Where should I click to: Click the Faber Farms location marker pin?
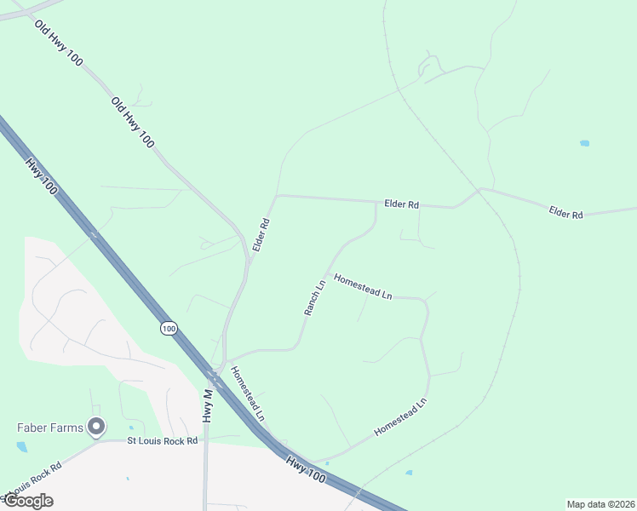(96, 426)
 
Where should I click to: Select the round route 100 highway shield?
(169, 328)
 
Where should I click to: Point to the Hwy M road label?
(206, 405)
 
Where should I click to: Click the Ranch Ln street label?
(315, 297)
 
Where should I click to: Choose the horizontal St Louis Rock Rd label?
(162, 440)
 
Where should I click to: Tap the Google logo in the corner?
(28, 500)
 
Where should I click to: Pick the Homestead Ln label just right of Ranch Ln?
(363, 285)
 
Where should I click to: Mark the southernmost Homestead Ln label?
(399, 417)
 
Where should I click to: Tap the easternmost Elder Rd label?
(565, 213)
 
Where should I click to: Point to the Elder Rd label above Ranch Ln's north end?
(402, 204)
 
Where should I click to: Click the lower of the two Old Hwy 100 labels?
(132, 123)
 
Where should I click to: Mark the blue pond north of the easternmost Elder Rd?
(585, 143)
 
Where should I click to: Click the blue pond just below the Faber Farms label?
(21, 446)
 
